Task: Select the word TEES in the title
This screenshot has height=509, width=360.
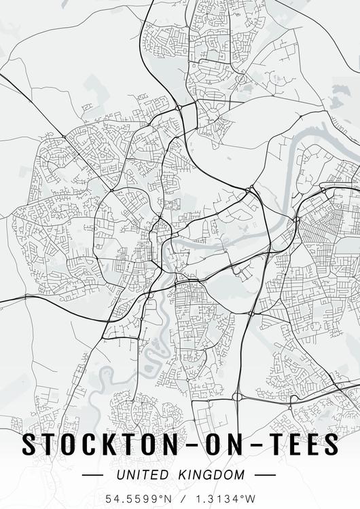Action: pos(300,445)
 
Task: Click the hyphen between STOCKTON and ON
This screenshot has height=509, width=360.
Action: pos(185,445)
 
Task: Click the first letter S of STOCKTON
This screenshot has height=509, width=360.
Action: pos(30,445)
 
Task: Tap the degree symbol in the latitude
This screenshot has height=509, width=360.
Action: pos(160,495)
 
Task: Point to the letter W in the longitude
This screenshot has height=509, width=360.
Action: pos(249,498)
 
